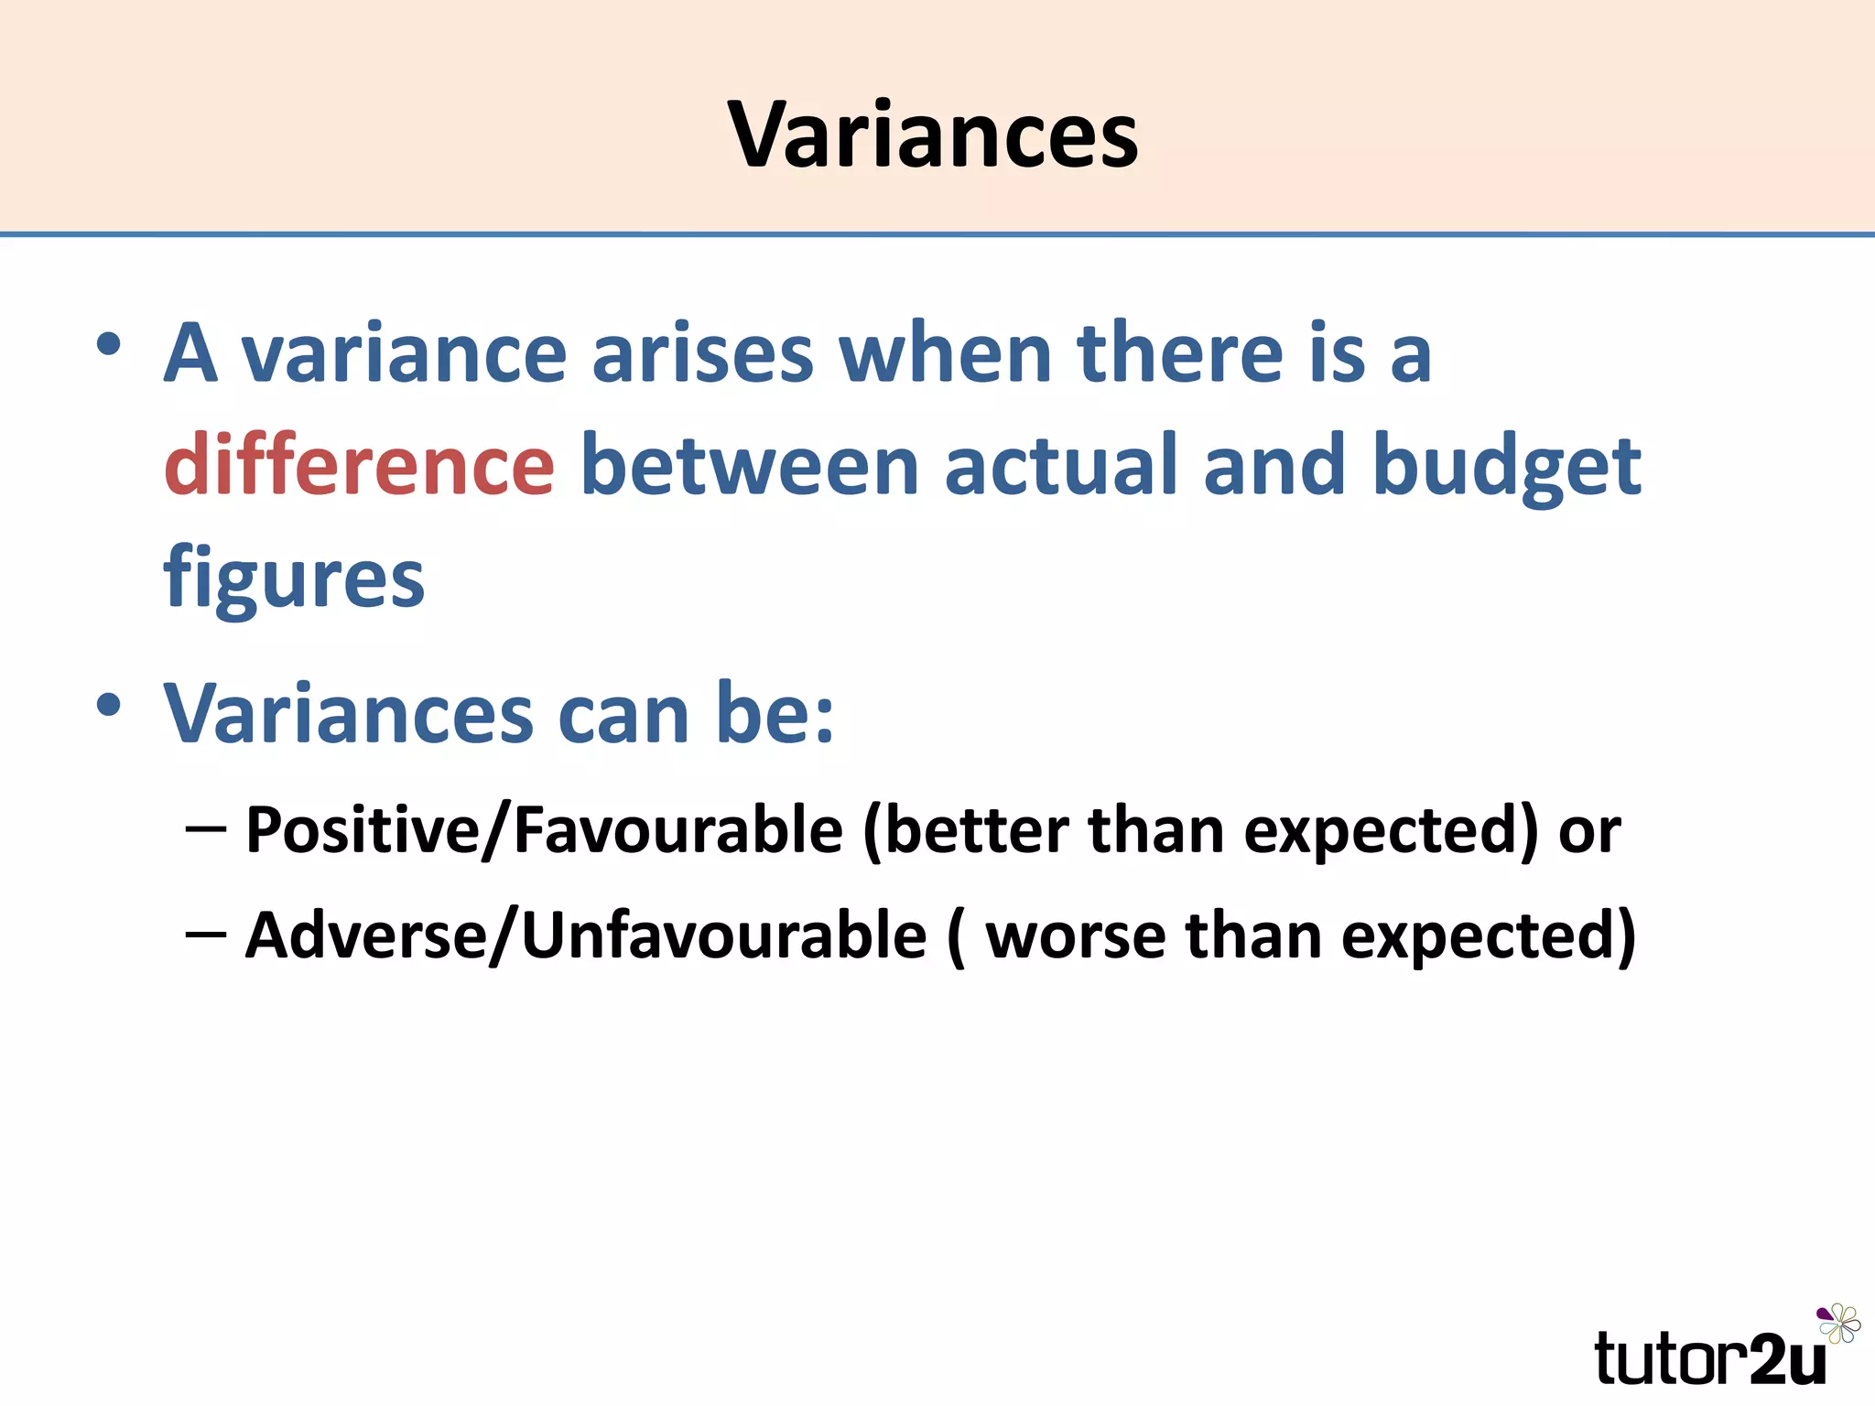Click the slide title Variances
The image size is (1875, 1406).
click(x=933, y=135)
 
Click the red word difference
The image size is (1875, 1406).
click(x=359, y=466)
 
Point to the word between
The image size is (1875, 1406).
click(x=749, y=466)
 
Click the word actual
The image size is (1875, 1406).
click(x=1061, y=466)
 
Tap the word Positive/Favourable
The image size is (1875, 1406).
click(x=544, y=830)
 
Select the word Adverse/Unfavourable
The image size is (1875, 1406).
click(x=586, y=936)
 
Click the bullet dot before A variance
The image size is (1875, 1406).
click(x=109, y=345)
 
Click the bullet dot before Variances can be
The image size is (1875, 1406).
click(x=109, y=705)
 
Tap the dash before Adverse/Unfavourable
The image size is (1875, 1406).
click(x=205, y=935)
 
